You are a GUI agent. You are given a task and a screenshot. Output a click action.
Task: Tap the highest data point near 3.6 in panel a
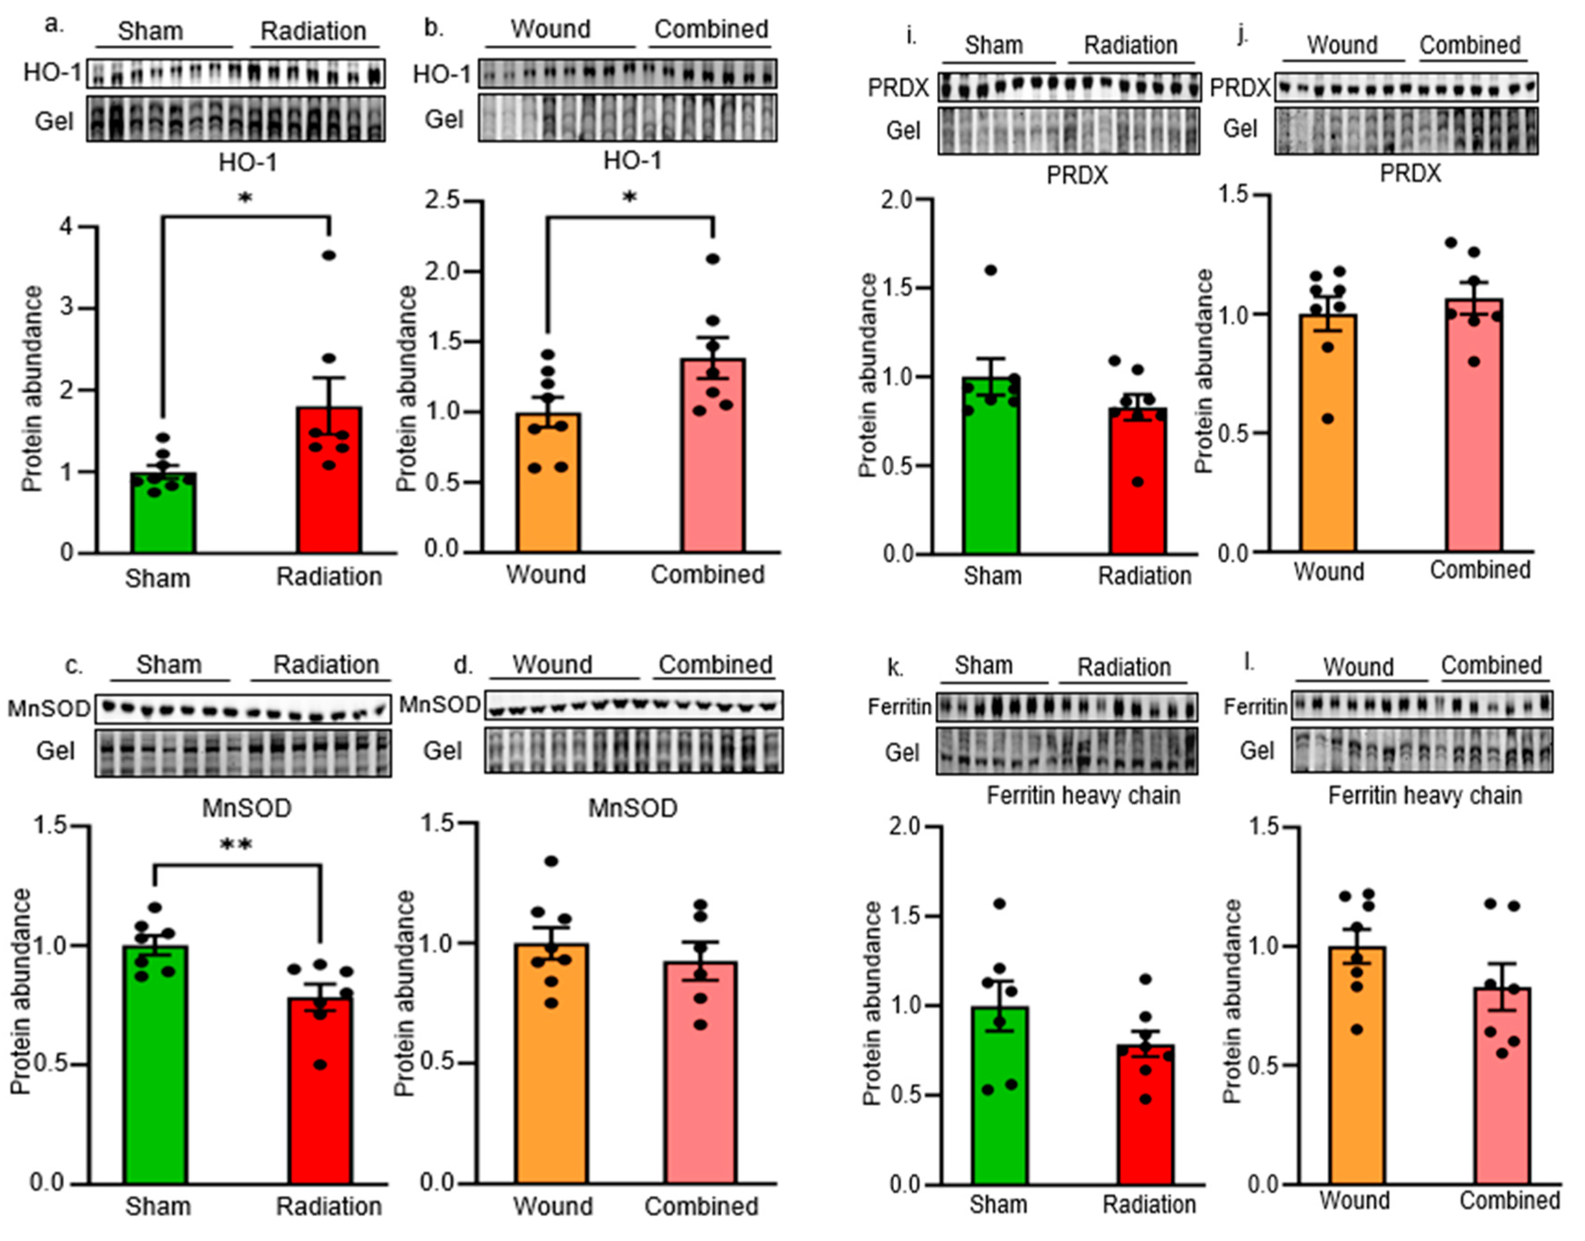pyautogui.click(x=329, y=255)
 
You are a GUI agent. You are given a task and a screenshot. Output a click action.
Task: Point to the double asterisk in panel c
pyautogui.click(x=236, y=845)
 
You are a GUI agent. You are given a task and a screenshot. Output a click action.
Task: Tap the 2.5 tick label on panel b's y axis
pyautogui.click(x=445, y=201)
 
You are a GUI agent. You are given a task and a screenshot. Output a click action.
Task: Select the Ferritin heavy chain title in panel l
pyautogui.click(x=1424, y=795)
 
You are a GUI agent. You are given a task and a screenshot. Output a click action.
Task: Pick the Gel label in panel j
pyautogui.click(x=1240, y=129)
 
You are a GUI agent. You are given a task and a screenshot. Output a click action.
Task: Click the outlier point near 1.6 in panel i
pyautogui.click(x=991, y=270)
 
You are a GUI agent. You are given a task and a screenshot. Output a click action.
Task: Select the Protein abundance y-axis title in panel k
pyautogui.click(x=872, y=1003)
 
